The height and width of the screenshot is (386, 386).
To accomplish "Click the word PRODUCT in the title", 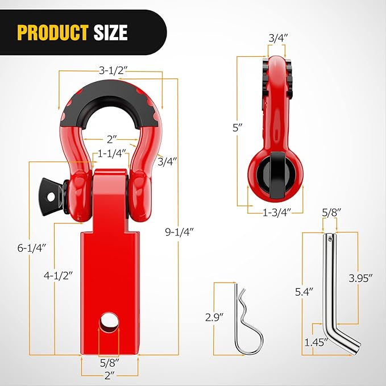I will click(52, 32).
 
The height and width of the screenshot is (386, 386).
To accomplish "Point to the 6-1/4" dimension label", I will click(30, 247).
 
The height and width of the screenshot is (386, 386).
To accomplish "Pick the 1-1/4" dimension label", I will click(111, 153).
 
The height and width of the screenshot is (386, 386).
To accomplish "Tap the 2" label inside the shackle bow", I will click(111, 138).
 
